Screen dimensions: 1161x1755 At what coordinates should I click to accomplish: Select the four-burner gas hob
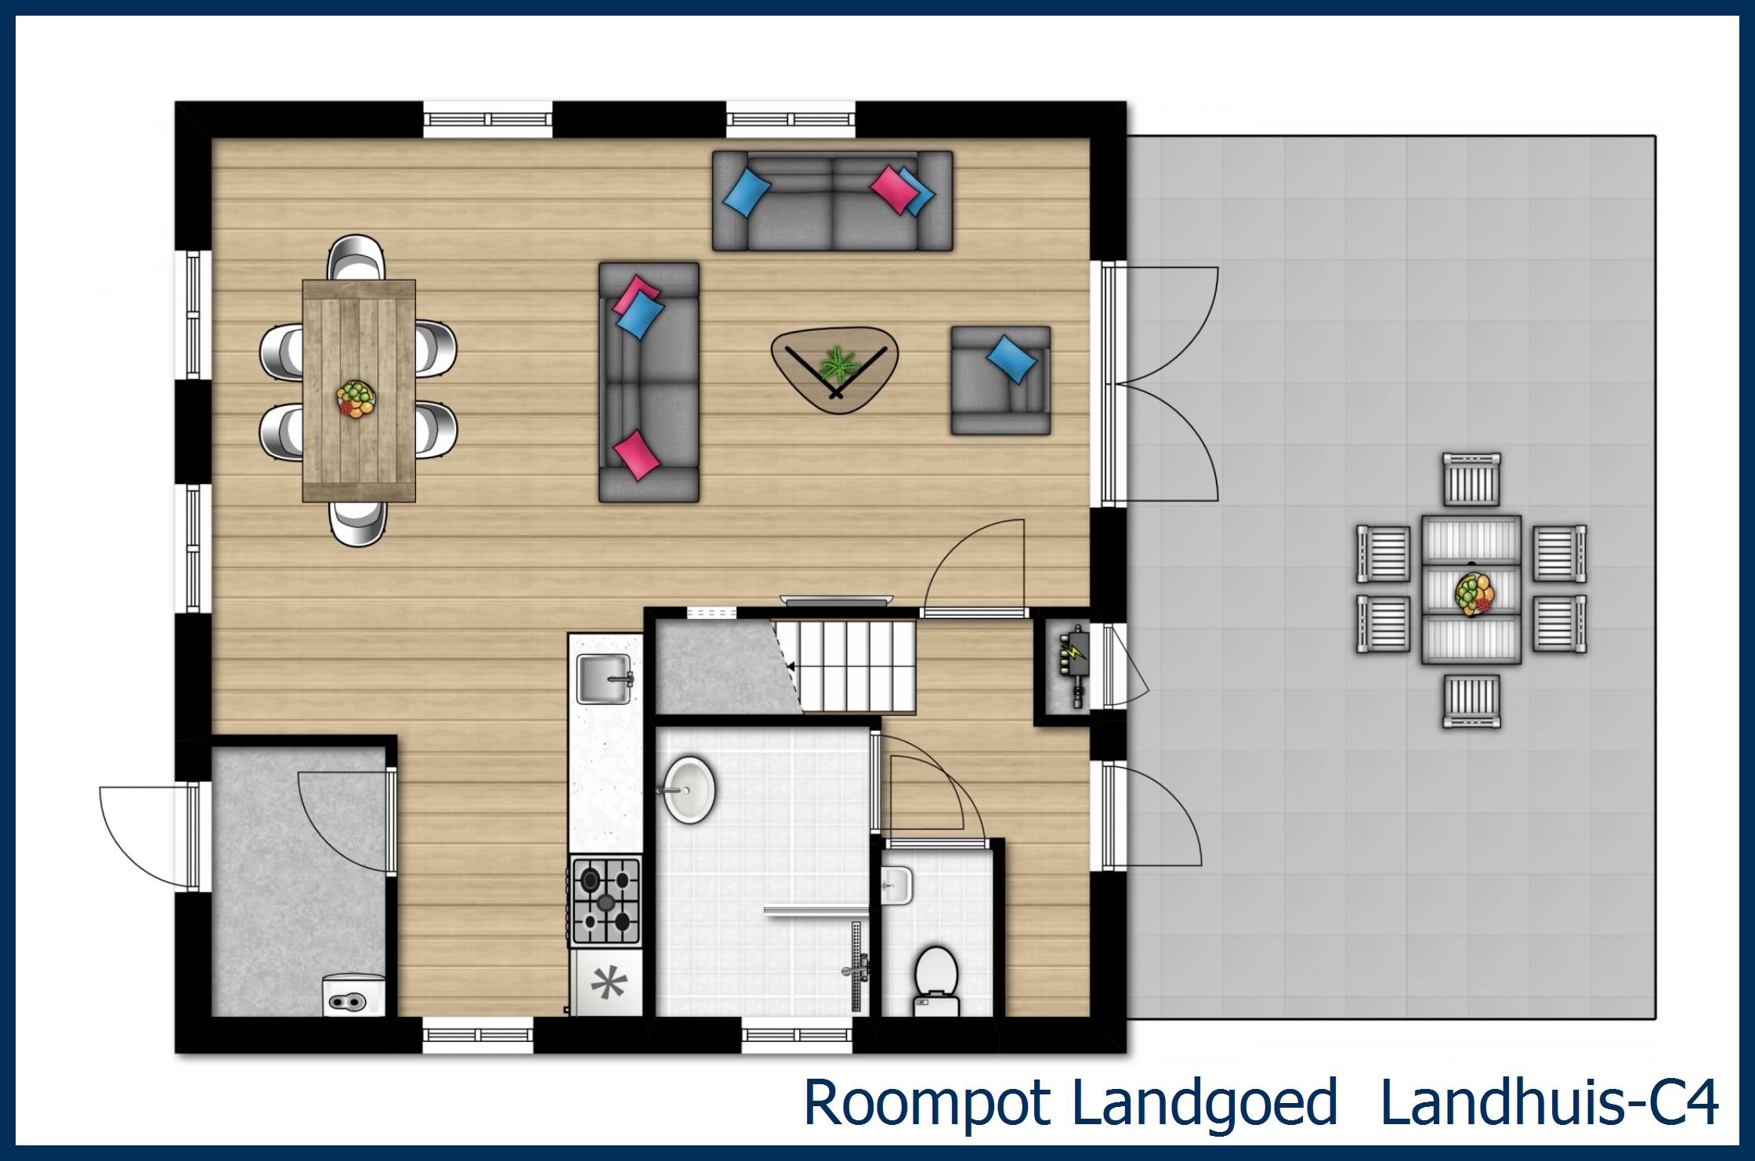point(606,901)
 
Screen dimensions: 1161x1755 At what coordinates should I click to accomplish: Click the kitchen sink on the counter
point(604,679)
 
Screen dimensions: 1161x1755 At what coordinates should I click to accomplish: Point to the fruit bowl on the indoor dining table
point(356,399)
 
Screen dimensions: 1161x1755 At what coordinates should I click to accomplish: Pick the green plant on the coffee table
point(839,366)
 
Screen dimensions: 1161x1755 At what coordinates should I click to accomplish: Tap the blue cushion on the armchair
point(1011,359)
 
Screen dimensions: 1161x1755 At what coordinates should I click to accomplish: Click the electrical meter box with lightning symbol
point(1076,666)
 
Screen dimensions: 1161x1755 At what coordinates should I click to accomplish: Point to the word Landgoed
point(1203,1103)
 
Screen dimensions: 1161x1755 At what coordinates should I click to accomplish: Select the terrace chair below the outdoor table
point(1472,700)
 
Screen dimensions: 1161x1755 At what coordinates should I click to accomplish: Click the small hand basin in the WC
point(897,885)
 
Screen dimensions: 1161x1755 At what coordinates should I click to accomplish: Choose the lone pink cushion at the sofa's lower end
point(635,454)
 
